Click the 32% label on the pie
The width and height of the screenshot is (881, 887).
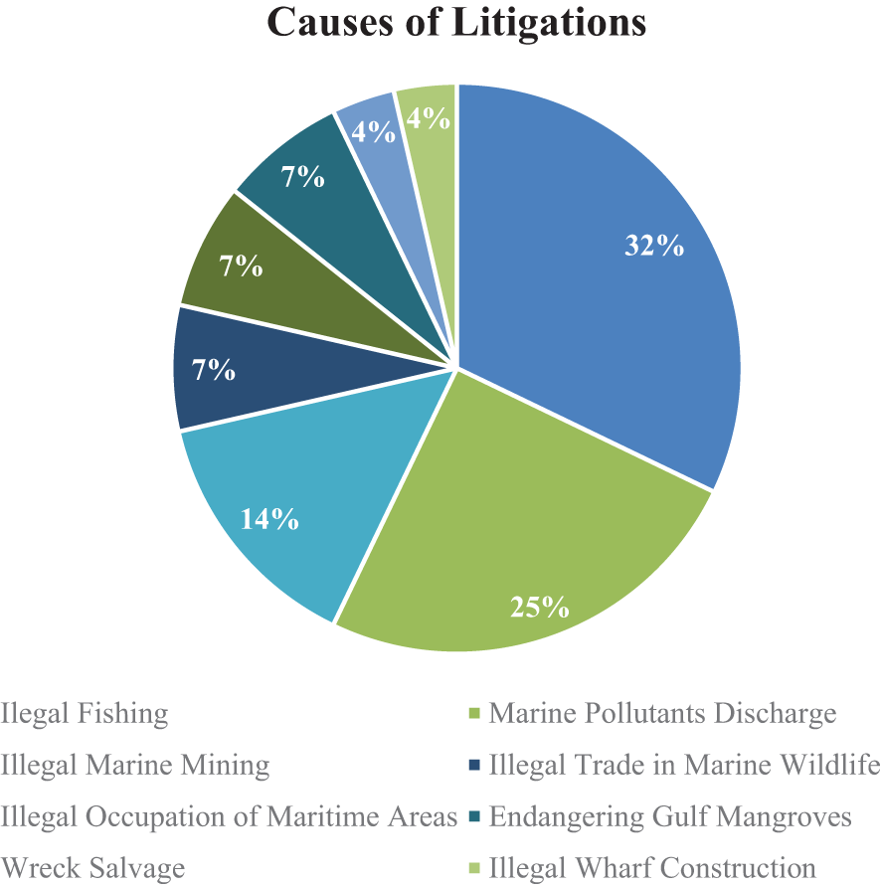point(653,246)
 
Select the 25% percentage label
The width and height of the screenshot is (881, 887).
point(540,606)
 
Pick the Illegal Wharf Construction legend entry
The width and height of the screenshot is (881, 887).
point(653,867)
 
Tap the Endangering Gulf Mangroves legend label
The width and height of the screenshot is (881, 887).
point(671,816)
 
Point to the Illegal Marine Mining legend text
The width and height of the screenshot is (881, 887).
point(135,765)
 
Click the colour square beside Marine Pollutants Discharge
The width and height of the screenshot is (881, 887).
point(474,714)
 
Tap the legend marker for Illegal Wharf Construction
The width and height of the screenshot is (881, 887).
point(474,868)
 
